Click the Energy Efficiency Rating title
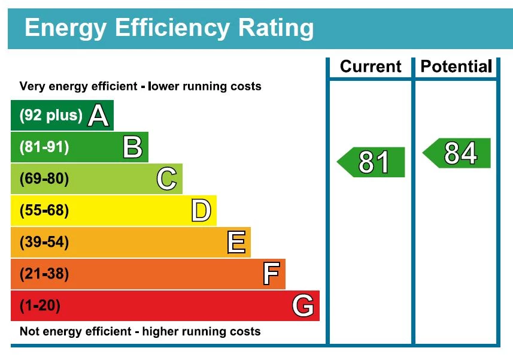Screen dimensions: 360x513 coord(169,28)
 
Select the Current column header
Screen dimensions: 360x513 coord(371,66)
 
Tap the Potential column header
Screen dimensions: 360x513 coord(456,66)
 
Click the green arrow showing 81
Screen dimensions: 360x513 coord(372,162)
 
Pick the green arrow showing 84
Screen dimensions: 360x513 coord(457,153)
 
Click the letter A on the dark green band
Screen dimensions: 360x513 coord(98,116)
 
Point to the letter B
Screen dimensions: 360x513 coord(132,147)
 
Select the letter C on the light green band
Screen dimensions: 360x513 coord(166,179)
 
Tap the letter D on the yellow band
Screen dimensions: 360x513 coord(201,211)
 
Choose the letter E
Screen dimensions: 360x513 coord(236,243)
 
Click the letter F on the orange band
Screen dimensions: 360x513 coord(271,274)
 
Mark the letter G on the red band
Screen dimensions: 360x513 coord(303,306)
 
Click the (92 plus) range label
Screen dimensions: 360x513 coord(51,116)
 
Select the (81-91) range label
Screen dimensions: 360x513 coord(44,147)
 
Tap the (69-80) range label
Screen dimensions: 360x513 coord(44,179)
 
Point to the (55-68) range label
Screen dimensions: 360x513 coord(44,211)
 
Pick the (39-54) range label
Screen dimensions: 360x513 coord(44,243)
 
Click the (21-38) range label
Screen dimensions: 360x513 coord(44,274)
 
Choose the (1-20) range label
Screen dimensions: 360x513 coord(40,306)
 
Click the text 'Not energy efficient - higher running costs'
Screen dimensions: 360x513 coord(140,331)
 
